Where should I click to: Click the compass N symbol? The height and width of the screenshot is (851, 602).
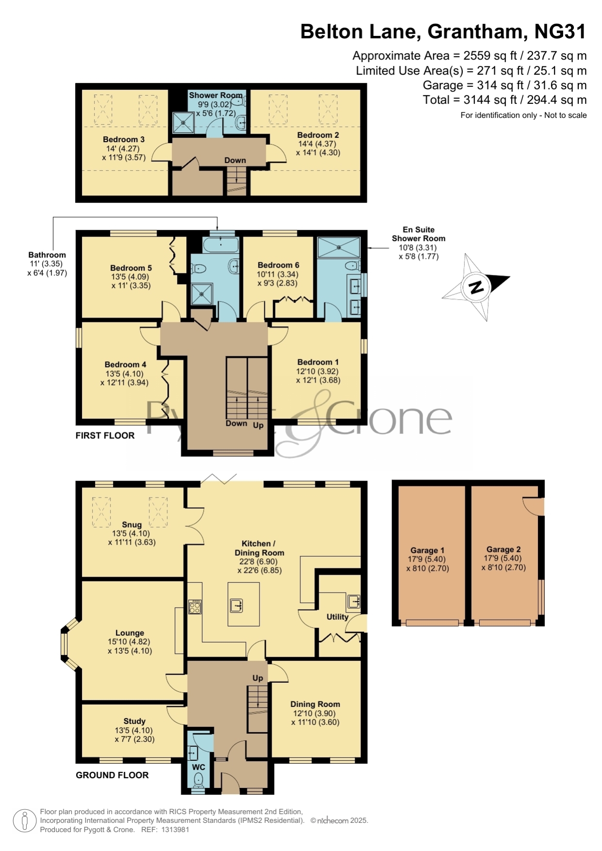coord(476,287)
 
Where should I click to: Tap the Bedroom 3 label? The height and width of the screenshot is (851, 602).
coord(124,139)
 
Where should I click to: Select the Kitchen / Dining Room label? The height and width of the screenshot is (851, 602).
coord(259,548)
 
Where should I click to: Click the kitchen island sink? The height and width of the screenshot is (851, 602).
coord(236,605)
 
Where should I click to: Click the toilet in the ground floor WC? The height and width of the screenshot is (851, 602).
coord(198,779)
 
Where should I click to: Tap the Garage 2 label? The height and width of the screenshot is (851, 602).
coord(504,549)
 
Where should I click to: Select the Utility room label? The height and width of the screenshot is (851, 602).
coord(337,617)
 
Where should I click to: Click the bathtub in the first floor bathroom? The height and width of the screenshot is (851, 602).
coord(221,244)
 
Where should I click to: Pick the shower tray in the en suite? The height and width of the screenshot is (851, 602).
coord(339,247)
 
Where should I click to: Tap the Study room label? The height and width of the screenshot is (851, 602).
coord(134,721)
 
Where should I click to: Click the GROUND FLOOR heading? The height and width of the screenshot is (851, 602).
coord(112,775)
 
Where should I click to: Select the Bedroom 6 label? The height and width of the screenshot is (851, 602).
coord(278,265)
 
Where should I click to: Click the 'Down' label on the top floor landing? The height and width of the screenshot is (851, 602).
coord(235,161)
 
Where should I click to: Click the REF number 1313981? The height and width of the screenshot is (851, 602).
coord(175,830)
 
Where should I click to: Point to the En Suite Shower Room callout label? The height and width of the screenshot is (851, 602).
coord(418,234)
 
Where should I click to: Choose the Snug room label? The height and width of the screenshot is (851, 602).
coord(131,525)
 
